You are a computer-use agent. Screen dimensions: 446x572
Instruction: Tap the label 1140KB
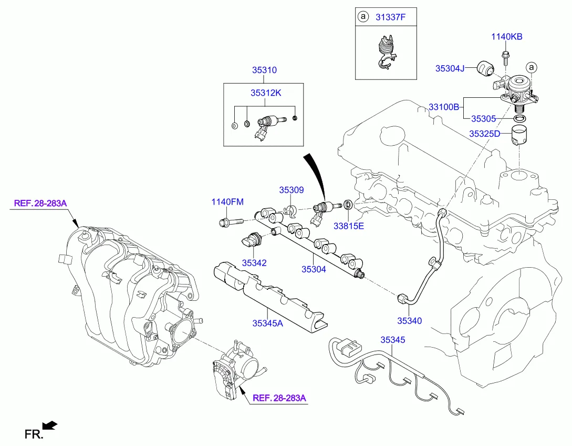pyautogui.click(x=507, y=37)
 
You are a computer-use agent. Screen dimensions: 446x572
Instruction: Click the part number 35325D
pyautogui.click(x=488, y=134)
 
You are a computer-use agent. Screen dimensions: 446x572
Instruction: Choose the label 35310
pyautogui.click(x=264, y=70)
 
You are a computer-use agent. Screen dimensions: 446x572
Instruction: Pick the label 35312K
pyautogui.click(x=266, y=93)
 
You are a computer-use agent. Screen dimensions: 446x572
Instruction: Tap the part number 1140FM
pyautogui.click(x=227, y=202)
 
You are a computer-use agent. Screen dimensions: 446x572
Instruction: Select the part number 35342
pyautogui.click(x=254, y=262)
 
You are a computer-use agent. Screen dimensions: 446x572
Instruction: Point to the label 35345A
pyautogui.click(x=267, y=323)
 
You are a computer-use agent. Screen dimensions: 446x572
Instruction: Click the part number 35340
pyautogui.click(x=409, y=320)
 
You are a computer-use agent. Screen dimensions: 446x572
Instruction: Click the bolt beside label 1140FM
pyautogui.click(x=230, y=222)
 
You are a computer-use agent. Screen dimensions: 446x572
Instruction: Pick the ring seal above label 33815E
pyautogui.click(x=348, y=204)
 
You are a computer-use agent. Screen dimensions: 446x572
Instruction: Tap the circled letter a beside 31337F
pyautogui.click(x=362, y=17)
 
